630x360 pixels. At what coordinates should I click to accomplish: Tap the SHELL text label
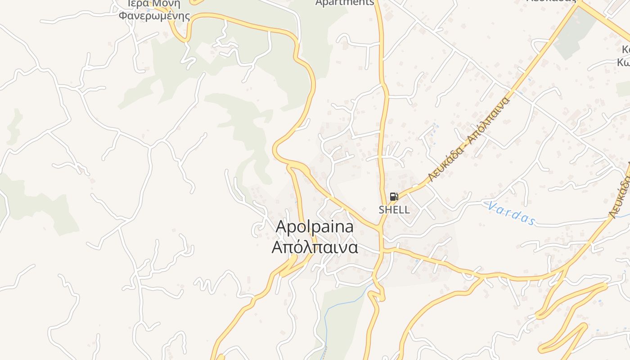click(394, 210)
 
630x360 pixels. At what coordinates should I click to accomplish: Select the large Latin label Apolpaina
click(315, 227)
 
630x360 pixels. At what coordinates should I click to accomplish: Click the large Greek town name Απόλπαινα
click(315, 247)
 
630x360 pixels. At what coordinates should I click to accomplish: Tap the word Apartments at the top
click(345, 3)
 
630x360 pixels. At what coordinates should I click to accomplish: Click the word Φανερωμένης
click(154, 17)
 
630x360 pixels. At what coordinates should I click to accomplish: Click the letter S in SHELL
click(382, 210)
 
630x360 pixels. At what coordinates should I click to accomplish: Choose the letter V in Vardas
click(492, 207)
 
